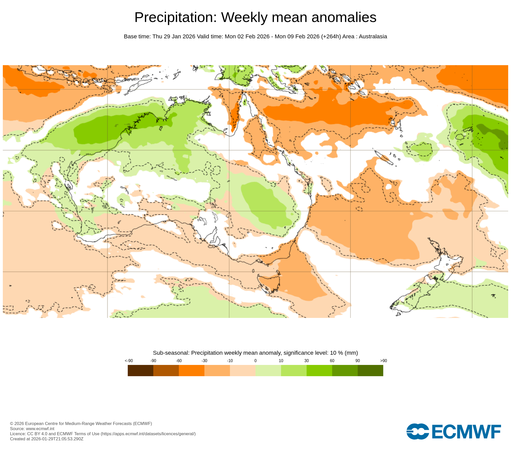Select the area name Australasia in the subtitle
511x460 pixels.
[373, 37]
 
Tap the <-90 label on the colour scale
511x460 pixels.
[129, 361]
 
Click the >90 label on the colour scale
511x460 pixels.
[384, 361]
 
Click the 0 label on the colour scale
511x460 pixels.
[255, 361]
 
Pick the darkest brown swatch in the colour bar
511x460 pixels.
[141, 370]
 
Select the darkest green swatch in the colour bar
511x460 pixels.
[370, 370]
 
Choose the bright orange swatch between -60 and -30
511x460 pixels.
[192, 370]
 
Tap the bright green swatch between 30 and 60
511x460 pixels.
[319, 370]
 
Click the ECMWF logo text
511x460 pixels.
[466, 432]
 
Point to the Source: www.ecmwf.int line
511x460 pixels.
[32, 429]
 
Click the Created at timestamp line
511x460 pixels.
[47, 439]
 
